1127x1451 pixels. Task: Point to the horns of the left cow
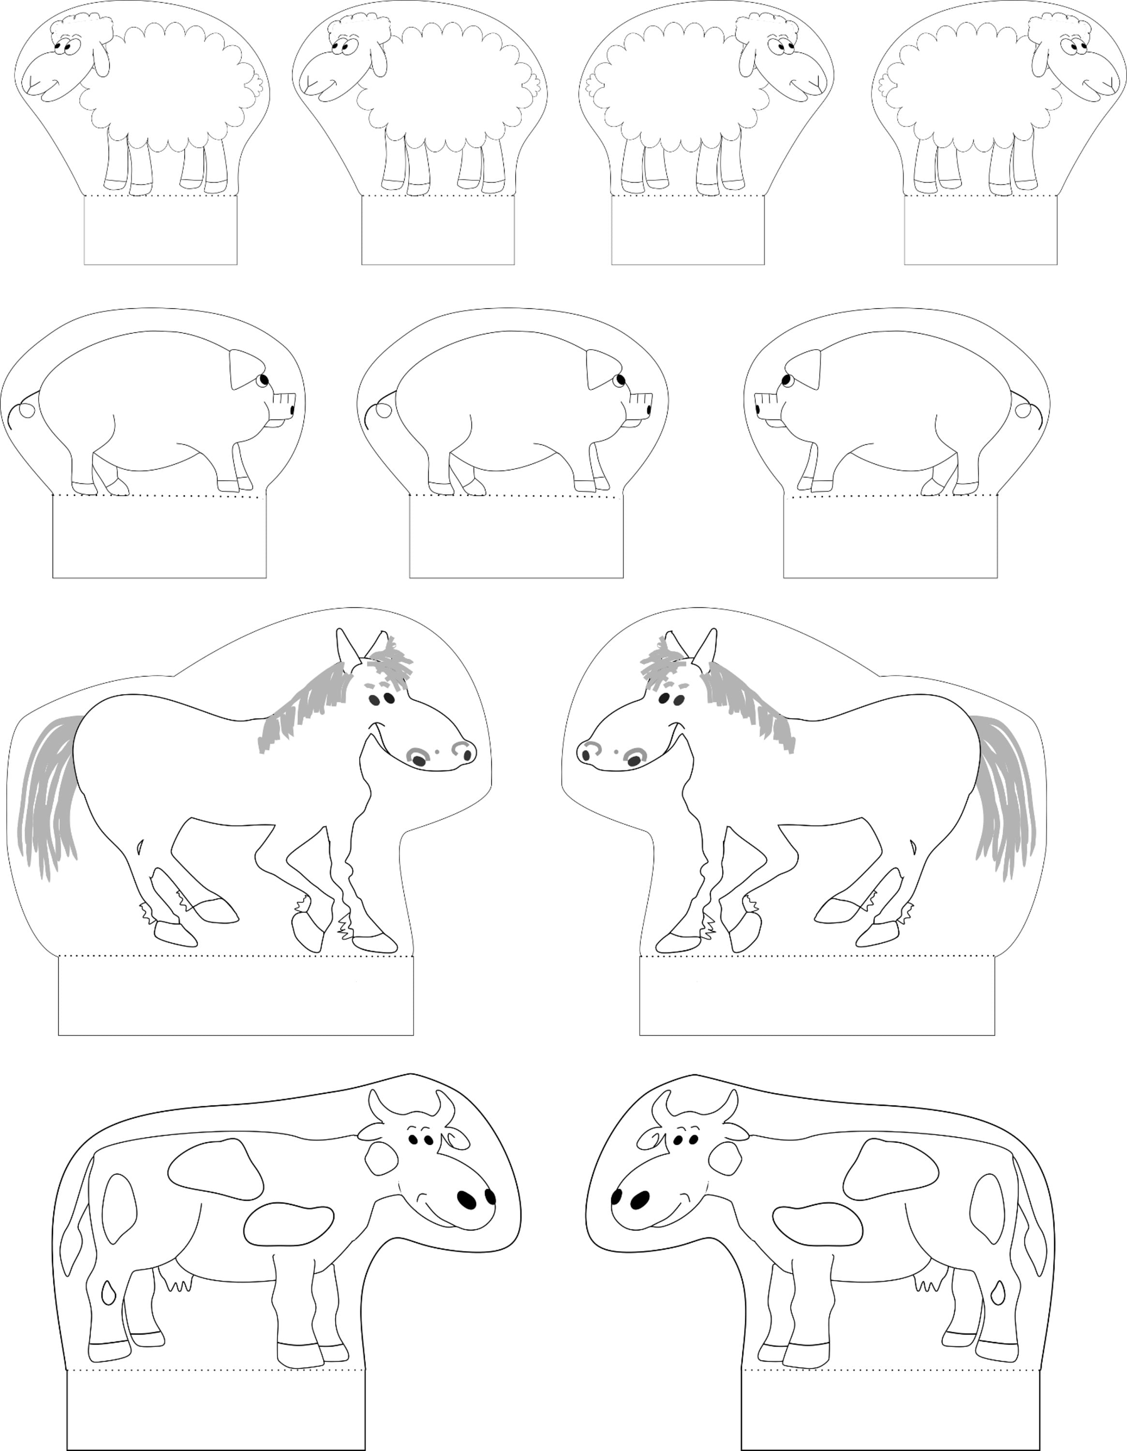click(x=413, y=1105)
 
